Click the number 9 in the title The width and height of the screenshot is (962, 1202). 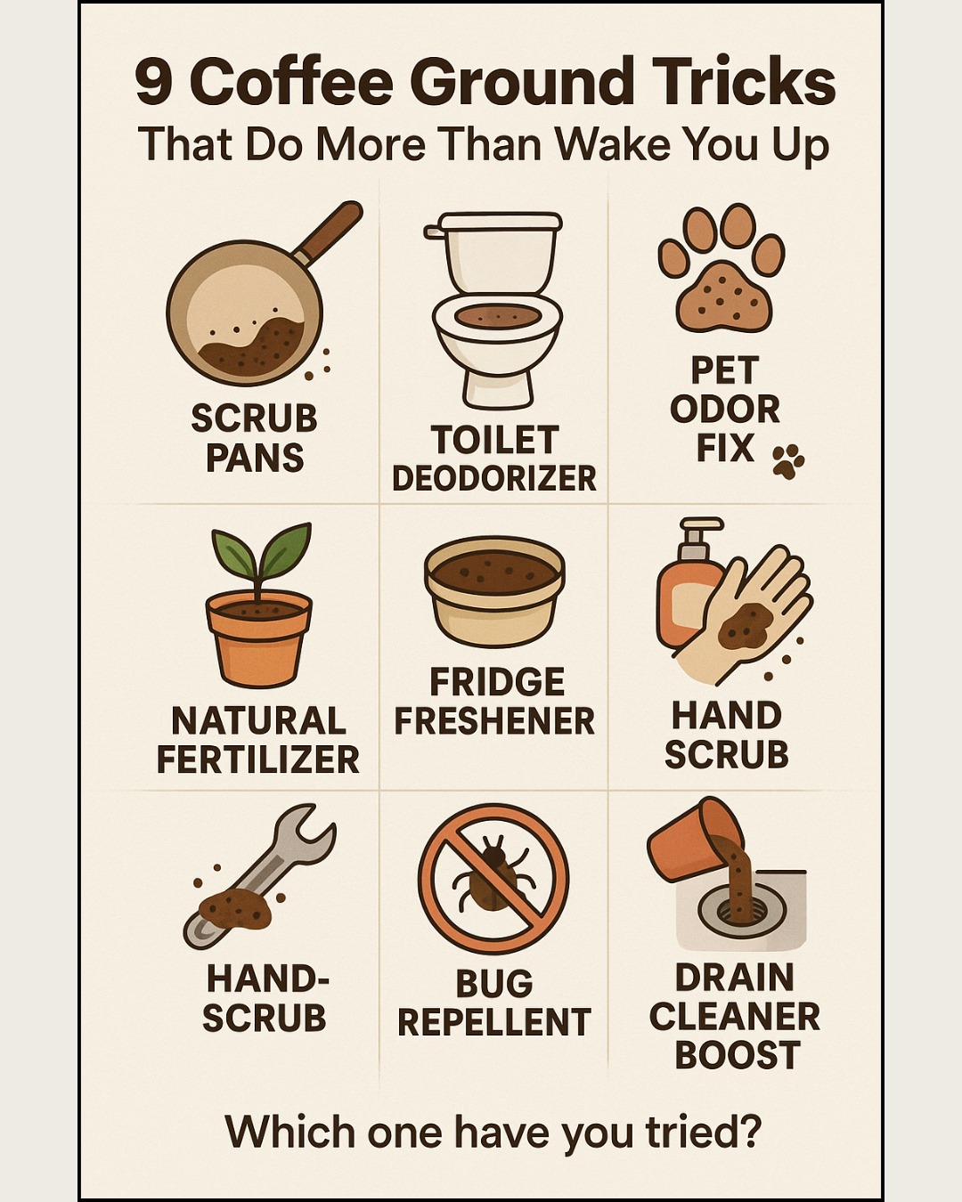pos(154,84)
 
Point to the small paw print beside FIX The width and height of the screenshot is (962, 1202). pos(788,461)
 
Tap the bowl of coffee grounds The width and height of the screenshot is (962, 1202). pos(494,591)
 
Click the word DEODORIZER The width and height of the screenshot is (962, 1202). pos(494,479)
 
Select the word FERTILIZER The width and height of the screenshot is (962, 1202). pos(258,759)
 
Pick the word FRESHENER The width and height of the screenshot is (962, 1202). pos(494,720)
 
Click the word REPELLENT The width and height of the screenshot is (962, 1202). pos(494,1021)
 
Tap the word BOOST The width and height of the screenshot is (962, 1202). pos(738,1054)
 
